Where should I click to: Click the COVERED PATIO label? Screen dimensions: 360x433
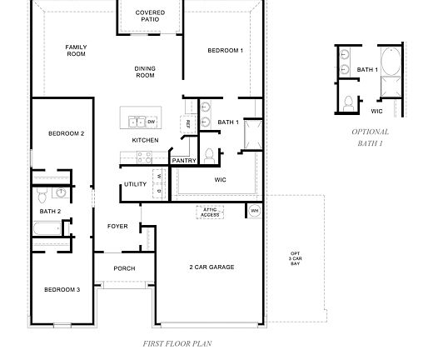point(150,17)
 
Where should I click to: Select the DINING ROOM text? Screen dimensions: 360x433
point(145,72)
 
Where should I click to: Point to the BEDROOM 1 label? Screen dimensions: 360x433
point(225,50)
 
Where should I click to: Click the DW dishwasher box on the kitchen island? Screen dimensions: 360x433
point(152,122)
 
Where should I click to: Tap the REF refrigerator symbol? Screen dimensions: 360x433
point(188,123)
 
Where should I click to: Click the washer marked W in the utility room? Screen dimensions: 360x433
point(158,177)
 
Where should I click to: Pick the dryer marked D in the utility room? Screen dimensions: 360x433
point(158,191)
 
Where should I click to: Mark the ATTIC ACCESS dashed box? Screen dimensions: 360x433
point(209,212)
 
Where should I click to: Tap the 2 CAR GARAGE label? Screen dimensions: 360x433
point(211,267)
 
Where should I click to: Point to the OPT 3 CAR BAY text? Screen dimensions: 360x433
point(295,257)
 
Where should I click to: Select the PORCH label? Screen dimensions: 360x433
point(124,268)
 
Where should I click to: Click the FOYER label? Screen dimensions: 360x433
point(117,226)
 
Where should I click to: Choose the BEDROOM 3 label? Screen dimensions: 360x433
point(62,289)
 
